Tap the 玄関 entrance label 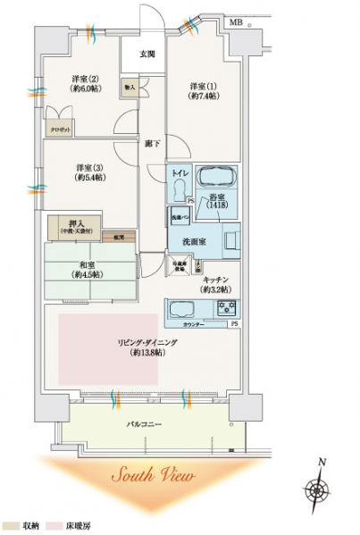(147, 54)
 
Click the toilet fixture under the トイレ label (180, 189)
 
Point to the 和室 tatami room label (88, 269)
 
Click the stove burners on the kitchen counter (226, 308)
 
